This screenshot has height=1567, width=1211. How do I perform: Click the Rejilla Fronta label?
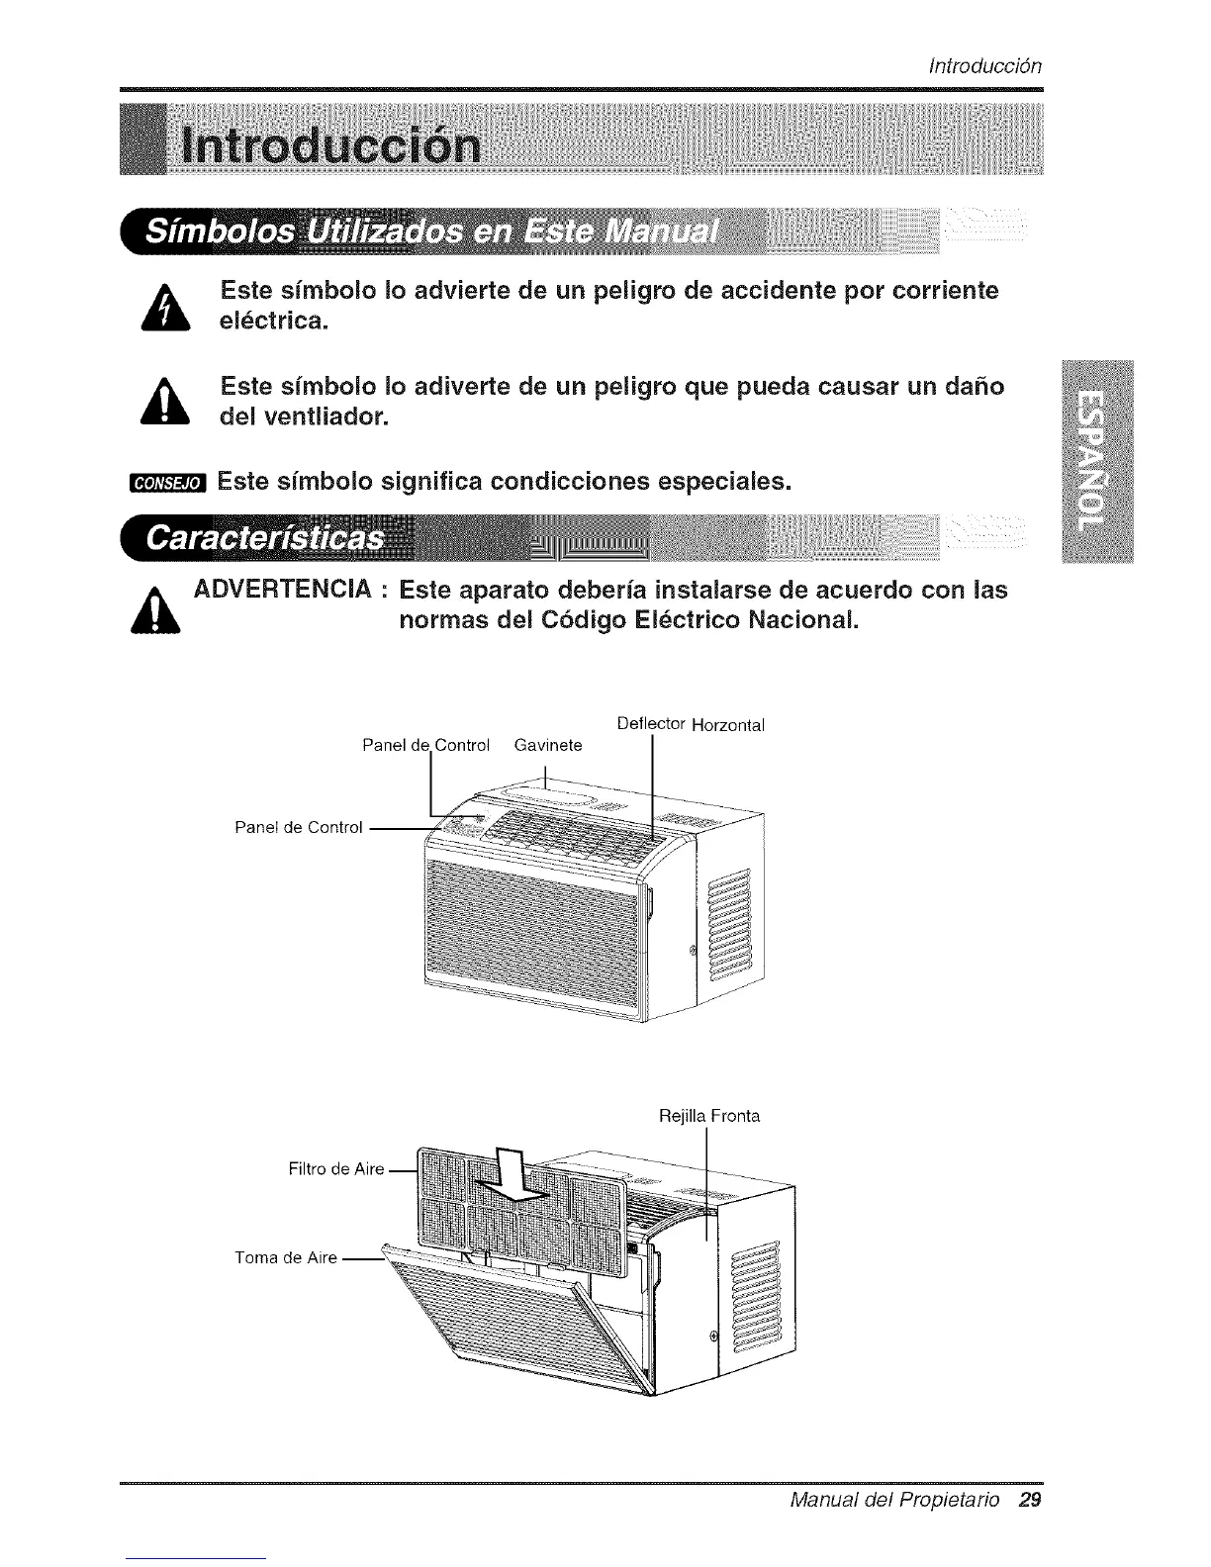[709, 1116]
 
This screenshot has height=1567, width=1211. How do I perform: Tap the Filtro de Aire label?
[335, 1169]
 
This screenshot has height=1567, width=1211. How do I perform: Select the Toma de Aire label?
[286, 1257]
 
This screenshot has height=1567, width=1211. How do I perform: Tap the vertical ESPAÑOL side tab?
[1094, 461]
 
